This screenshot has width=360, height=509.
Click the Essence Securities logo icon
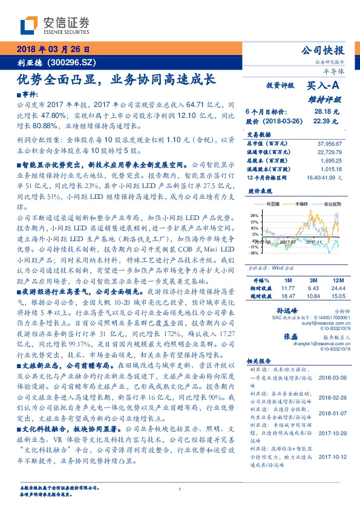[x=29, y=25]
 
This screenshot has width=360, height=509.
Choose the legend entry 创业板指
[x=330, y=204]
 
